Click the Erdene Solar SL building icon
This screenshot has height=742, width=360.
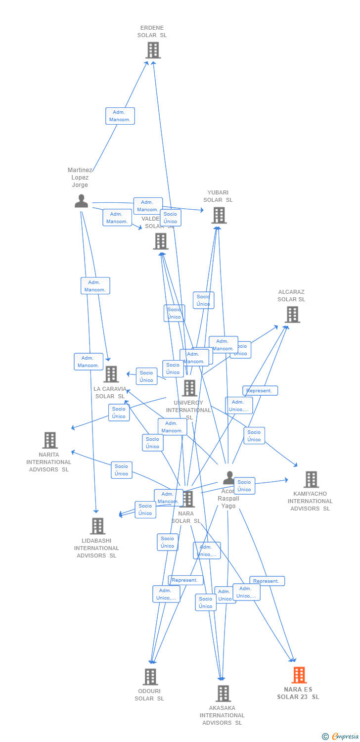point(153,50)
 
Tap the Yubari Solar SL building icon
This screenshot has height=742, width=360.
point(219,215)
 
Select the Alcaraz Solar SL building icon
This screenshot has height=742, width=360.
point(292,315)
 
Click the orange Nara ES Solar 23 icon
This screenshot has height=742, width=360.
point(299,675)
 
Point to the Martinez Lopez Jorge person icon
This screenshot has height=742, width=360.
point(81,201)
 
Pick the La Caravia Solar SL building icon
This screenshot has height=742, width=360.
point(111,374)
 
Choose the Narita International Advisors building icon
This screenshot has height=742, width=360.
point(50,440)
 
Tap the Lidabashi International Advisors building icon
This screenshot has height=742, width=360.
point(97,526)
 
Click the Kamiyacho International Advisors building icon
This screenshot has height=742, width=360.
point(311,479)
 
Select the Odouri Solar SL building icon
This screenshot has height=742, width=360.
point(150,677)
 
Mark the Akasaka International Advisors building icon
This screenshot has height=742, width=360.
point(223,694)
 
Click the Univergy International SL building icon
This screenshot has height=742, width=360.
point(189,388)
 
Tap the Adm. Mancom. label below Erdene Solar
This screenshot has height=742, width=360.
point(120,116)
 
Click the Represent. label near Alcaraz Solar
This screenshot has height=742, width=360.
point(260,391)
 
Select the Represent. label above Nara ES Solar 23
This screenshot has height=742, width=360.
point(267,581)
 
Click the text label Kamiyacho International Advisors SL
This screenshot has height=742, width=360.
point(310,501)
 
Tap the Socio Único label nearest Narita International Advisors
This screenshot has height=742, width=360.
point(122,470)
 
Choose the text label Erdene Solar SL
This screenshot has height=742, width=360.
point(152,32)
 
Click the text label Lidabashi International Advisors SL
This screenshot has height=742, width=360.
point(97,548)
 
